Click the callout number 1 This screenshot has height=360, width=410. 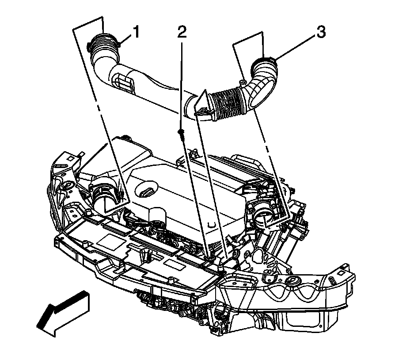tap(137, 32)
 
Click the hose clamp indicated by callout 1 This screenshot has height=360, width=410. tap(104, 42)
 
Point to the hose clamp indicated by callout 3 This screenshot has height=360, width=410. tap(264, 62)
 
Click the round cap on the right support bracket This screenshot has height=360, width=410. tap(293, 282)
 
